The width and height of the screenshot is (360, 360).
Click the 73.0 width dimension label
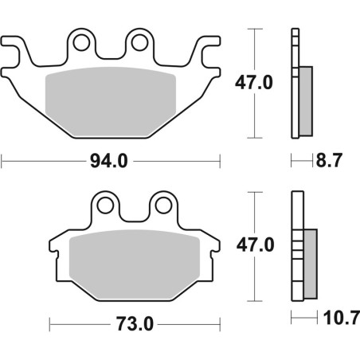point(133,325)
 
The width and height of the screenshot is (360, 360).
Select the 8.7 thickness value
point(329,162)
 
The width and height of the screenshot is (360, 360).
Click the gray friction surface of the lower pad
point(133,263)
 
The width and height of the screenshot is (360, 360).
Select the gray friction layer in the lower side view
point(310,263)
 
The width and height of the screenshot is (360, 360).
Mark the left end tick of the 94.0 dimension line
point(2,162)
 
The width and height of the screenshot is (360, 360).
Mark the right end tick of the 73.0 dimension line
point(219,325)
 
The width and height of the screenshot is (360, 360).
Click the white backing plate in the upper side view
point(295,80)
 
